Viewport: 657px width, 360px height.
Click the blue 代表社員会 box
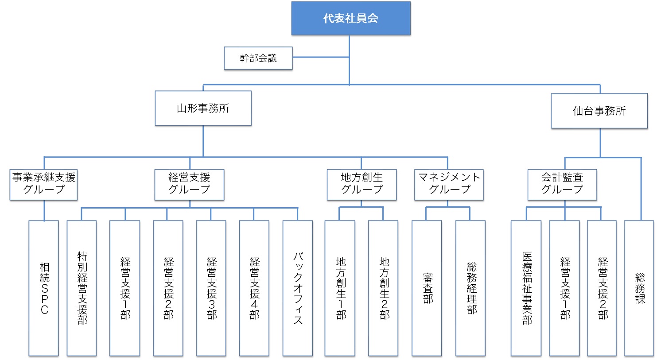pyautogui.click(x=351, y=18)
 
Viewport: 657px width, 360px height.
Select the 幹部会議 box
pyautogui.click(x=258, y=58)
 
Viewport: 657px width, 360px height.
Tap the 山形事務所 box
pyautogui.click(x=203, y=108)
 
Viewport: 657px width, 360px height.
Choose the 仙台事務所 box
pyautogui.click(x=599, y=111)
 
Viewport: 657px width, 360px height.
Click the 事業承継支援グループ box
pyautogui.click(x=44, y=185)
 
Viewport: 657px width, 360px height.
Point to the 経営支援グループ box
pyautogui.click(x=190, y=185)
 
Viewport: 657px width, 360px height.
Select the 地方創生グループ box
pyautogui.click(x=362, y=185)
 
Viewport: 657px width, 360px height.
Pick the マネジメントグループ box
pyautogui.click(x=449, y=185)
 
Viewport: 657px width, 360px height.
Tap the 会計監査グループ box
pyautogui.click(x=562, y=185)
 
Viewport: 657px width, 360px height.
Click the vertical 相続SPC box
pyautogui.click(x=44, y=288)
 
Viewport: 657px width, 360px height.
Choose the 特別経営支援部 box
pyautogui.click(x=82, y=288)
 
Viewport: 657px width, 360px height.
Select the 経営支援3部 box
pyautogui.click(x=211, y=288)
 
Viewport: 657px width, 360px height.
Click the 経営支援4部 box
pyautogui.click(x=254, y=288)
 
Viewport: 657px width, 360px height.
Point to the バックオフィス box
pyautogui.click(x=298, y=288)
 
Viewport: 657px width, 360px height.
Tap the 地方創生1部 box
pyautogui.click(x=340, y=288)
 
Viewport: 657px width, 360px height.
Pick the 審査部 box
pyautogui.click(x=427, y=288)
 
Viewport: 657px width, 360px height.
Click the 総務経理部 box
pyautogui.click(x=470, y=288)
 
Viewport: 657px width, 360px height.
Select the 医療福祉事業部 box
pyautogui.click(x=526, y=288)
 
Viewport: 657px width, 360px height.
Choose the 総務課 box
pyautogui.click(x=639, y=288)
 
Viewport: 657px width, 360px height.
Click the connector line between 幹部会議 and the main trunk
pyautogui.click(x=321, y=57)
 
